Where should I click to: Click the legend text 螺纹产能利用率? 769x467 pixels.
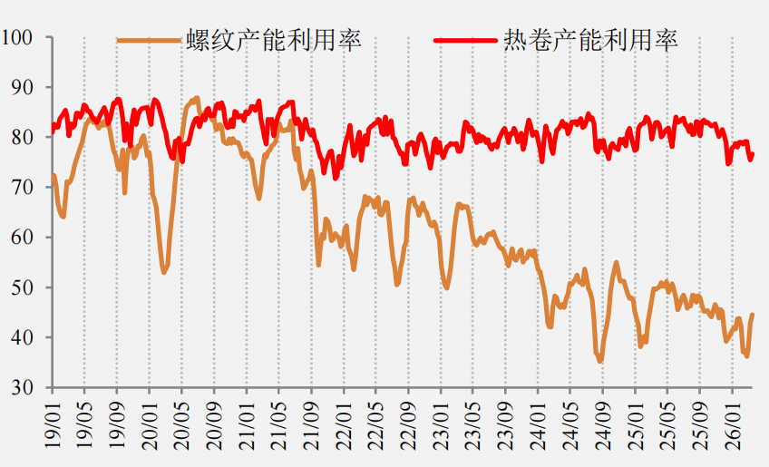[274, 40]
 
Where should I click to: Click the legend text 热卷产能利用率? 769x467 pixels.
[591, 40]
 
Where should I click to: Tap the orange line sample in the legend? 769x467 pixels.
[149, 41]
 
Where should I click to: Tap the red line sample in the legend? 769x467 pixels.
[465, 40]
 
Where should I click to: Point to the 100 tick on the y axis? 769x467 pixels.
[16, 37]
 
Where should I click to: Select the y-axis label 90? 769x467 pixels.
[22, 87]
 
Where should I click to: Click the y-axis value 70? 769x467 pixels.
[22, 187]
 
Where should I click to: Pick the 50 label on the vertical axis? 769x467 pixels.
[22, 287]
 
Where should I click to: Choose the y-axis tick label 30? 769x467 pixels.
[22, 387]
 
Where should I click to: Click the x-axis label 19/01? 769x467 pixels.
[53, 424]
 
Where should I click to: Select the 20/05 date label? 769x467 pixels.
[182, 425]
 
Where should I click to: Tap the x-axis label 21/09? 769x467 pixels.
[311, 425]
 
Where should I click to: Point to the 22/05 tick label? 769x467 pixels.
[376, 425]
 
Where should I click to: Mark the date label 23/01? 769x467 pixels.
[442, 425]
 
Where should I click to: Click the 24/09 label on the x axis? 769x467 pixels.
[603, 425]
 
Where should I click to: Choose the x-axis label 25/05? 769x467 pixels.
[668, 425]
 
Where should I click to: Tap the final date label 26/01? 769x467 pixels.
[733, 424]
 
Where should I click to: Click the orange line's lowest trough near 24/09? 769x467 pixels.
[600, 361]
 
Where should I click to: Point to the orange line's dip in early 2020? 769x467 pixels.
[164, 272]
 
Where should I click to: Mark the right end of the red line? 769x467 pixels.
[753, 154]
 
